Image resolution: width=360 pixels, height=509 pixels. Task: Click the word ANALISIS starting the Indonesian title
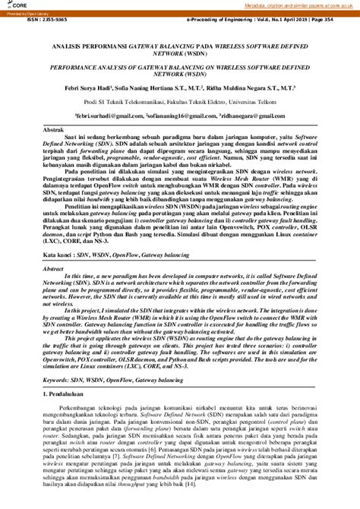tap(75, 46)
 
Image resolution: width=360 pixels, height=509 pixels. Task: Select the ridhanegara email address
tap(253, 115)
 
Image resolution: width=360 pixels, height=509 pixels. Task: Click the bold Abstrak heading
tap(54, 131)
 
